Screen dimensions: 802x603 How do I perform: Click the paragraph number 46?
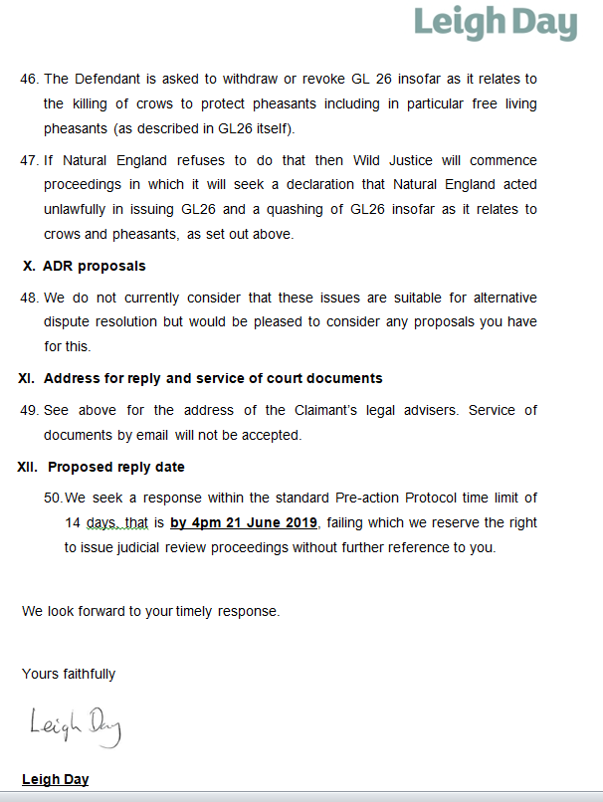29,79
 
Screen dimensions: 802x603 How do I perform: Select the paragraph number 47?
29,160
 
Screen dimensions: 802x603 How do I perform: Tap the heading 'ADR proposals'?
94,266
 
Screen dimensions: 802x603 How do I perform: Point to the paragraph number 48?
29,298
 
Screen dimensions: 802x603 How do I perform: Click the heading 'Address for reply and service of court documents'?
213,378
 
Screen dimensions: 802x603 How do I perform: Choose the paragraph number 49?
29,410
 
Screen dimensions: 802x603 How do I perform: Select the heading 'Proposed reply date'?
115,467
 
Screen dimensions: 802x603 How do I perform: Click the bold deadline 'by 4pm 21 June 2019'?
244,523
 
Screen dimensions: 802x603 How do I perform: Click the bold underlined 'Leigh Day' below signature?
55,779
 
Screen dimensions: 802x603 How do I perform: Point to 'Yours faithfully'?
69,674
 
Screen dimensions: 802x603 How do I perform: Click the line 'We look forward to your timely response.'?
150,611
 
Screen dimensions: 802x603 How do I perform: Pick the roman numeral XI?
26,378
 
